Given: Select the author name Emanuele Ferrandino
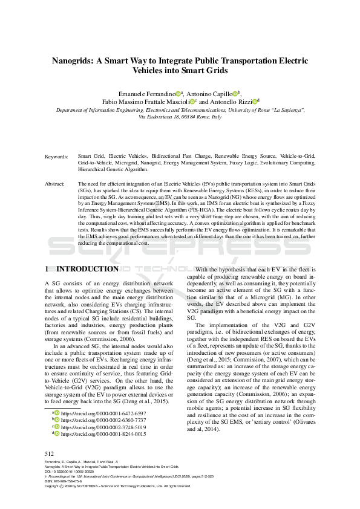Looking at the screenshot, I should (147, 94).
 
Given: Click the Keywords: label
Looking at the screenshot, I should (57, 157).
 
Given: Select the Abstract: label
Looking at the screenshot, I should (56, 183).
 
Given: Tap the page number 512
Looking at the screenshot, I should (50, 453).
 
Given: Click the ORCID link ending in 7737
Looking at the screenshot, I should (103, 420).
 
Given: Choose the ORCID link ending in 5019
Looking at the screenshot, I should (103, 427).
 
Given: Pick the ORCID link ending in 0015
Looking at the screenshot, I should (103, 434).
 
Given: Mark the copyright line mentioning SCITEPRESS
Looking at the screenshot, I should (115, 486).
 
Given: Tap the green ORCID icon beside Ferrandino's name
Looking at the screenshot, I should (179, 94).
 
